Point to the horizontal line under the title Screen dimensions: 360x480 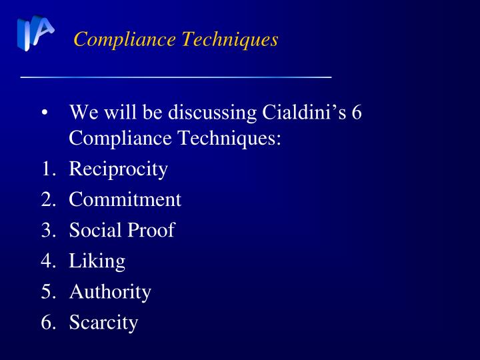(176, 78)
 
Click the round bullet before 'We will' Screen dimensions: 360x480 (45, 113)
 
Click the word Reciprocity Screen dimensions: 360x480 (118, 169)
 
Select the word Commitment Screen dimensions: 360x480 (125, 199)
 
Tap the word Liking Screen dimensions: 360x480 (97, 261)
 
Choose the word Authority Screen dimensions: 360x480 (110, 292)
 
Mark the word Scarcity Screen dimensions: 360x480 (103, 323)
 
